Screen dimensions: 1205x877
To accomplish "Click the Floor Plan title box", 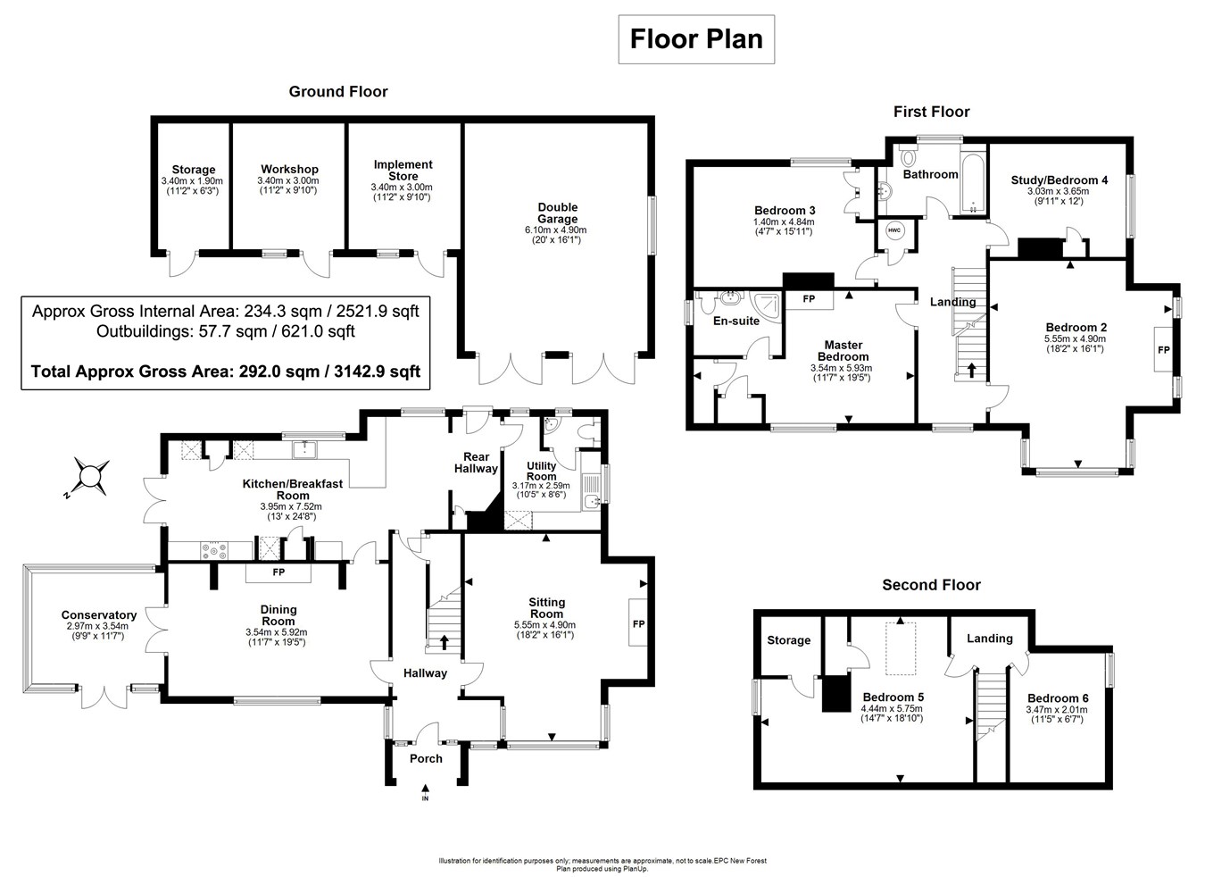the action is tap(696, 39).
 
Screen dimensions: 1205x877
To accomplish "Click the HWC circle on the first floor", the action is tap(893, 230).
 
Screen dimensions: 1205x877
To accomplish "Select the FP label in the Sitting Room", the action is tap(638, 623).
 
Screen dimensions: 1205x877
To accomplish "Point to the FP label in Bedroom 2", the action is tap(1163, 350).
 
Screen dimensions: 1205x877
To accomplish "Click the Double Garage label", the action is tap(558, 213).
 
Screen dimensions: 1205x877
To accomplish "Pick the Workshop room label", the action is tap(289, 169).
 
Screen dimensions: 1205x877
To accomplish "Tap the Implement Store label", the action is tap(403, 170).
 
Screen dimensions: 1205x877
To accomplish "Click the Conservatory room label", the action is tap(98, 614).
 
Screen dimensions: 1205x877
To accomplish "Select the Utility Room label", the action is tap(541, 471).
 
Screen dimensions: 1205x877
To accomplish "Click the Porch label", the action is tap(426, 758).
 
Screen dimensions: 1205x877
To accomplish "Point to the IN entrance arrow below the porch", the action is tap(425, 789).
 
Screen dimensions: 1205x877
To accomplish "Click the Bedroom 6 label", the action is tap(1058, 698).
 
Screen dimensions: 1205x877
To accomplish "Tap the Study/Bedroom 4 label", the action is tap(1059, 180).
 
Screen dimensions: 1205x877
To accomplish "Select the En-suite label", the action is tap(736, 321).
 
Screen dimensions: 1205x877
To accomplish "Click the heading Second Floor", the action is tap(931, 585).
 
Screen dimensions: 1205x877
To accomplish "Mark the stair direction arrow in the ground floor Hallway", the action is tap(444, 641).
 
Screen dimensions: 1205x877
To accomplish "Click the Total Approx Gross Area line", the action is tap(226, 371).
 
